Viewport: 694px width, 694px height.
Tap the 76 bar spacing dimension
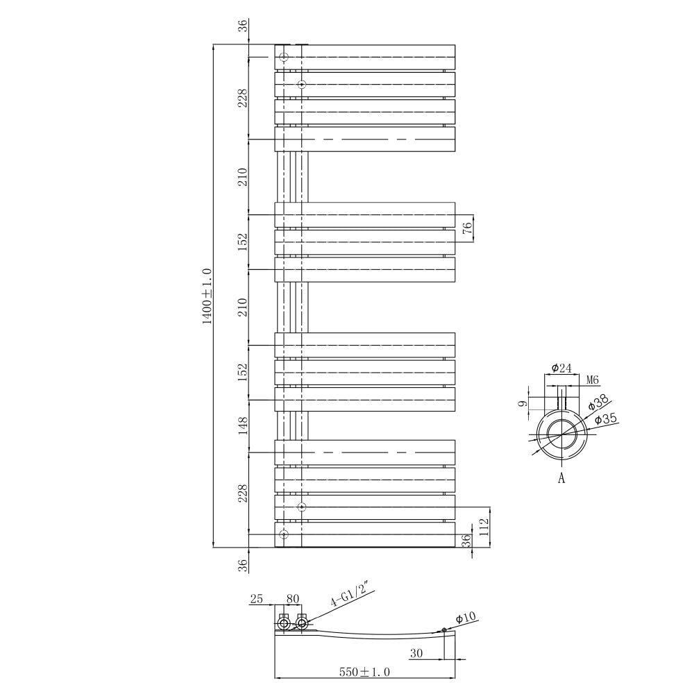coord(467,228)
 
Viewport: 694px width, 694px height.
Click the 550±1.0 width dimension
coord(364,672)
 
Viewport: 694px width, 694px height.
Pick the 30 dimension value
coord(416,653)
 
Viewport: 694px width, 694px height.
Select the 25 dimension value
coord(257,598)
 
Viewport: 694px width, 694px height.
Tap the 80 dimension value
coord(291,598)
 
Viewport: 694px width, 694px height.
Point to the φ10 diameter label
coord(465,618)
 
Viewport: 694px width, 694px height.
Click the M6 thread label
coord(592,380)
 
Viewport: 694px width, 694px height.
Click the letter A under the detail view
coord(561,478)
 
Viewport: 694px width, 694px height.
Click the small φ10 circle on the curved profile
coord(444,630)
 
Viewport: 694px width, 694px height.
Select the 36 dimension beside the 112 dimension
coord(467,539)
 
